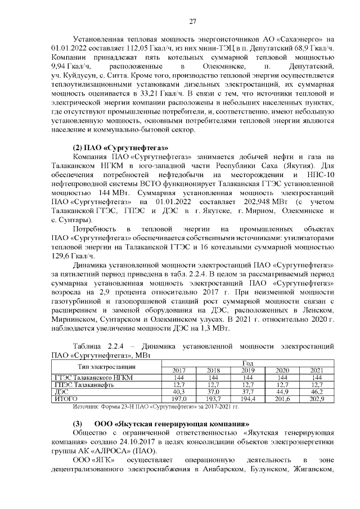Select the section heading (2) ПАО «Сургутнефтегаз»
click(108, 147)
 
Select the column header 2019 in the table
click(247, 370)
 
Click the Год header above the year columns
click(247, 363)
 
